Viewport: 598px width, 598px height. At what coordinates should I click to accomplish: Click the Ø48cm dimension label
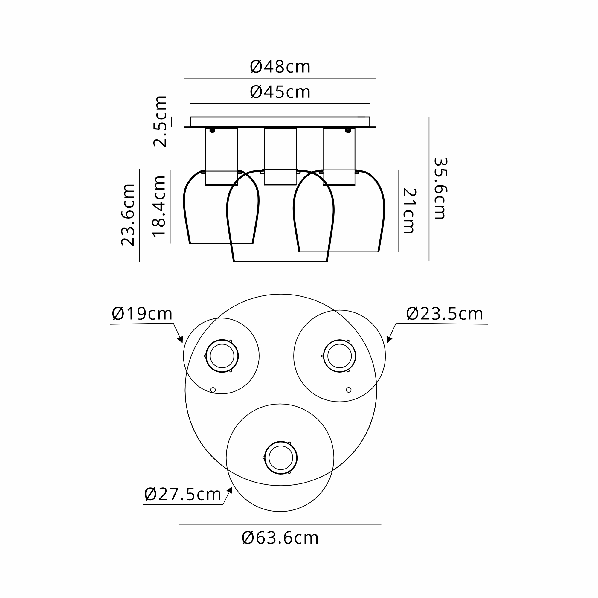[280, 67]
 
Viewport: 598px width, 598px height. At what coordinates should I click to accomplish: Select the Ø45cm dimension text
[280, 92]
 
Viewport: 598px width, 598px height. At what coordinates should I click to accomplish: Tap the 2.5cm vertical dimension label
[160, 121]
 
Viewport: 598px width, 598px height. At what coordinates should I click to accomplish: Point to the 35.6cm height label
[440, 188]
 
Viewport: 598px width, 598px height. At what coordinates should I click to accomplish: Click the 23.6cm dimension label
[128, 215]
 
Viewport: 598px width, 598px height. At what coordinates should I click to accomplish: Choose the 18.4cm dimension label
[159, 206]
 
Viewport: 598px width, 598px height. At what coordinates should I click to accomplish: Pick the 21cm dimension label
[409, 211]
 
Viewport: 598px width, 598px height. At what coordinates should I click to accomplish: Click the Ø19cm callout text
[142, 314]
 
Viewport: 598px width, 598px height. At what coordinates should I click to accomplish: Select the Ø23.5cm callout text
[445, 314]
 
